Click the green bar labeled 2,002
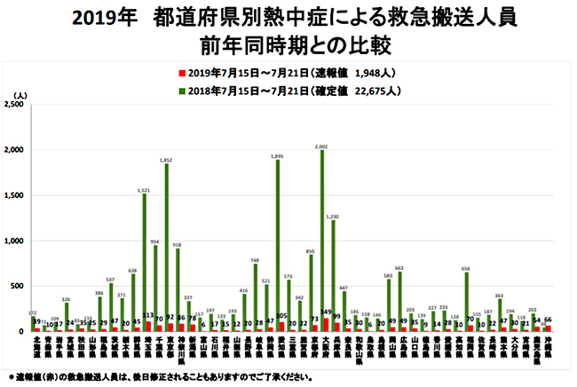321,241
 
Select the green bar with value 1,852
166,248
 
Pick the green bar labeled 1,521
145,263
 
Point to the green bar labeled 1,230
333,276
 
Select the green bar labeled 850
311,293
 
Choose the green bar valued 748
255,297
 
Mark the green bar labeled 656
466,302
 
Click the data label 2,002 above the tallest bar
321,146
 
